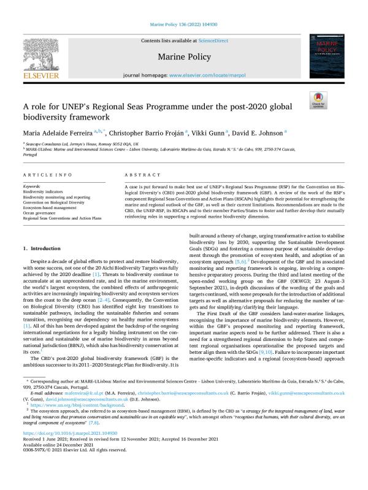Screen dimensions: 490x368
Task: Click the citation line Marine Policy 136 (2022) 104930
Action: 183,25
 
